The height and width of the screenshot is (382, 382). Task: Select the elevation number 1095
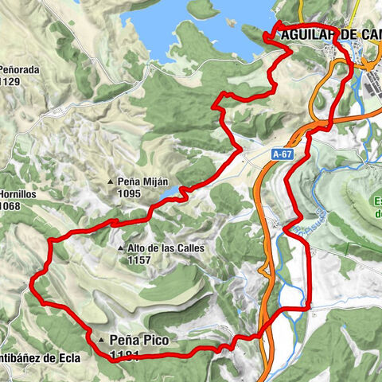pos(129,193)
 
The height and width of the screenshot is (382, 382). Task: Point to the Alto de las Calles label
pos(164,248)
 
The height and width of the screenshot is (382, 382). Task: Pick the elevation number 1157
pos(138,259)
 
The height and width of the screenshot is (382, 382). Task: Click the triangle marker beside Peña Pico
pos(102,341)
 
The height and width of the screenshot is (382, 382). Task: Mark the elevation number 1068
pos(10,206)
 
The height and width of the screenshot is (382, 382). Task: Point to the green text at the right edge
pos(377,206)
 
